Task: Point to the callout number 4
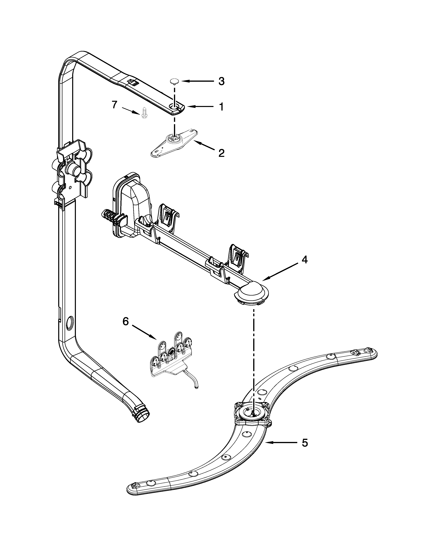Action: pos(305,260)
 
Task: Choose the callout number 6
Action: pos(126,321)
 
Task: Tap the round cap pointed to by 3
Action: pos(174,81)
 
